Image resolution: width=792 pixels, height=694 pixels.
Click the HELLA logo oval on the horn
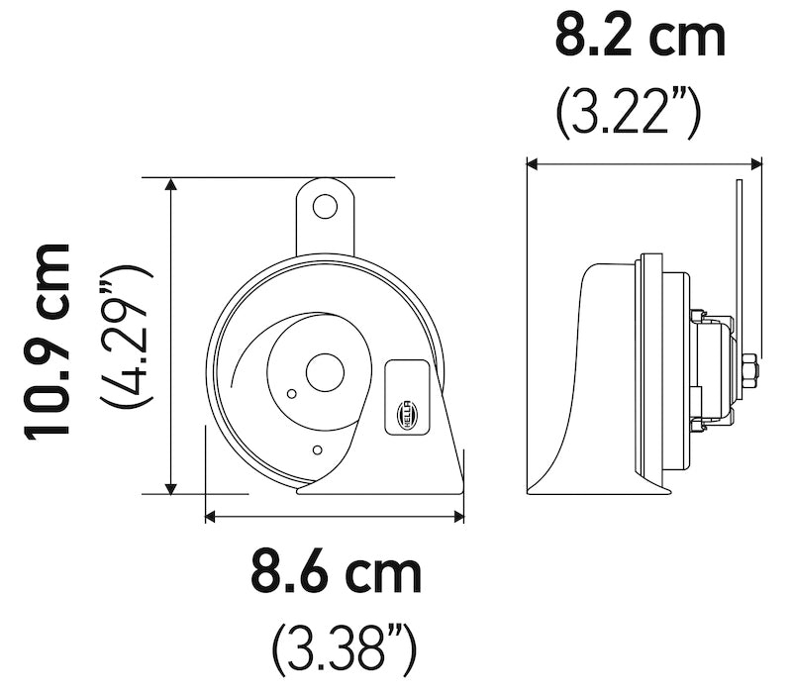pos(407,415)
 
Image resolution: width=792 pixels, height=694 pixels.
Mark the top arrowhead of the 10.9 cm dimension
pos(172,185)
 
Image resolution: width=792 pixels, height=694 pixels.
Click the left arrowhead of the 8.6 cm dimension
pos(211,515)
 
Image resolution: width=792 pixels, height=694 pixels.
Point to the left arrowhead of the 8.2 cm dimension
pos(533,164)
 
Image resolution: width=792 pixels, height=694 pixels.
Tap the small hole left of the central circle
pos(290,393)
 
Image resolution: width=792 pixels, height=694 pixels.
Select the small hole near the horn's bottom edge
pos(316,450)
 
